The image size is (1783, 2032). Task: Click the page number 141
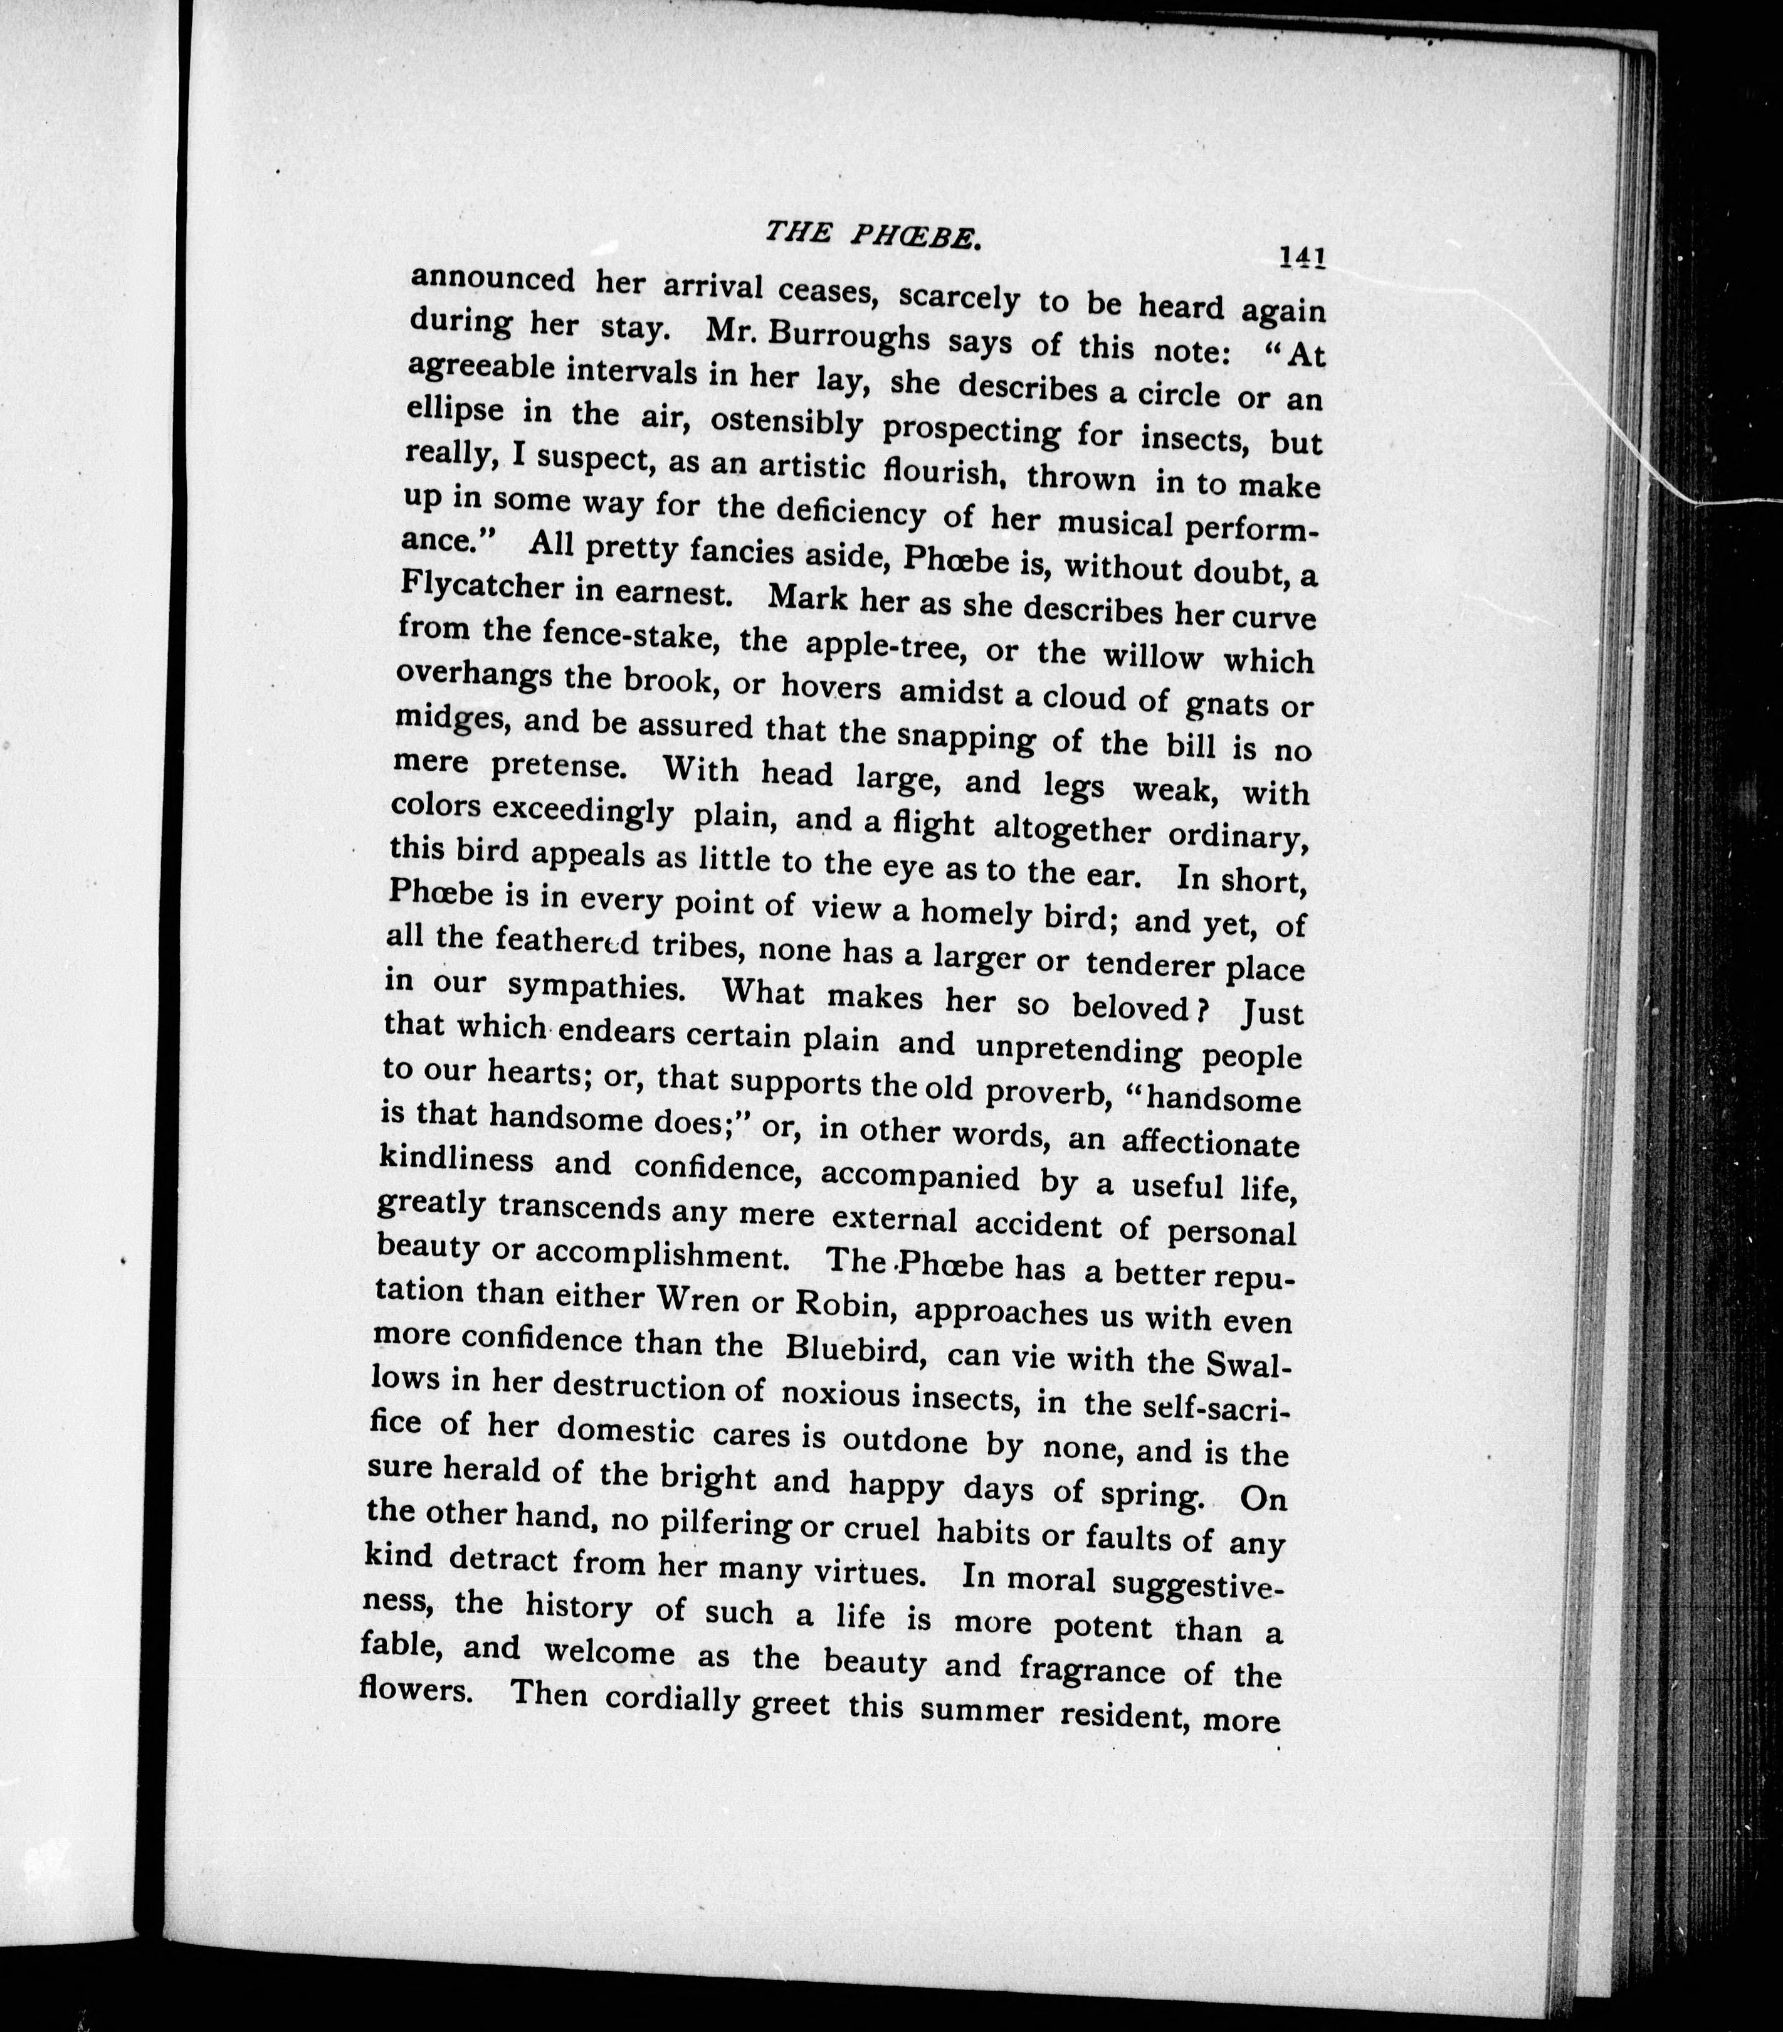tap(1303, 258)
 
